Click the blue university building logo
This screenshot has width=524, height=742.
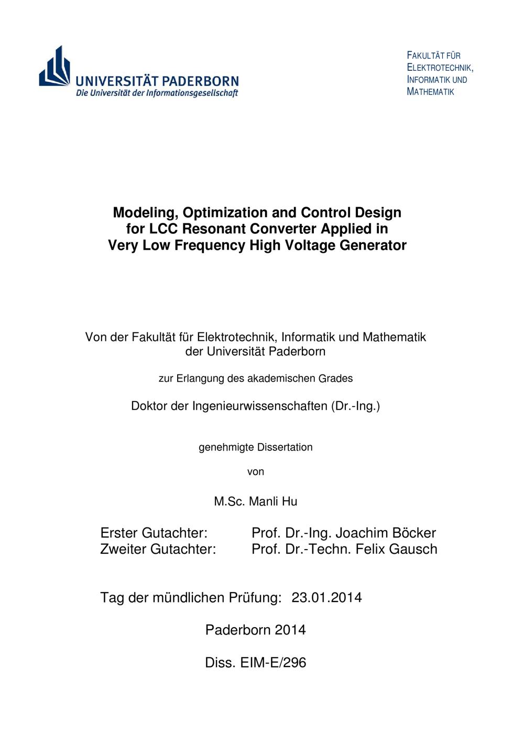coord(54,67)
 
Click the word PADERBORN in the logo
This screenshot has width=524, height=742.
coord(200,81)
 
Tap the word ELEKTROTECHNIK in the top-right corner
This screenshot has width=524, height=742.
coord(440,68)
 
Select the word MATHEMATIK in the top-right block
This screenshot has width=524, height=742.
coord(431,92)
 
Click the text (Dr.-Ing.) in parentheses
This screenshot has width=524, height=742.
coord(355,406)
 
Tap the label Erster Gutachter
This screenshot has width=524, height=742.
coord(154,533)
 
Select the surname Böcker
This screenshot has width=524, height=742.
coord(411,533)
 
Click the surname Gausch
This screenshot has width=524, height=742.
coord(411,549)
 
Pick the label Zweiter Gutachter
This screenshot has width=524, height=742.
coord(158,549)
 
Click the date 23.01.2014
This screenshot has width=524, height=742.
coord(326,597)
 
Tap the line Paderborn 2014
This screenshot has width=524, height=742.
coord(255,630)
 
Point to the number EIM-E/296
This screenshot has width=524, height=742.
coord(273,662)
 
